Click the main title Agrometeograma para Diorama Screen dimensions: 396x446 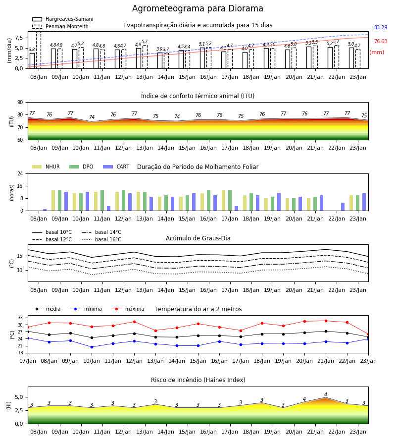[x=198, y=8]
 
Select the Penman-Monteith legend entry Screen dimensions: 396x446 [x=60, y=26]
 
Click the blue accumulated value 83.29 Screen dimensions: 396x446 [x=381, y=27]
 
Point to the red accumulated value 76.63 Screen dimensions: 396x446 [x=381, y=41]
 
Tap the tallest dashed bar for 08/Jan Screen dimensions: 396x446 [x=39, y=50]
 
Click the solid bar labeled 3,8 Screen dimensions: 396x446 [x=32, y=60]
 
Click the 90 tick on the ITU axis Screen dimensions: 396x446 [x=20, y=103]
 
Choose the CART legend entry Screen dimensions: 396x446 [x=116, y=167]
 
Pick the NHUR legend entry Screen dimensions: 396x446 [x=46, y=167]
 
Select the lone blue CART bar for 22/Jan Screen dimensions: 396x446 [x=343, y=207]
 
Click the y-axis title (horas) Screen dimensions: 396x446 [x=12, y=193]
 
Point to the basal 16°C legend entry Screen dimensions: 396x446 [x=101, y=239]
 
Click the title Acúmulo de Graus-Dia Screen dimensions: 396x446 [x=198, y=238]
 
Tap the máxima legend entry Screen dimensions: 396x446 [x=128, y=309]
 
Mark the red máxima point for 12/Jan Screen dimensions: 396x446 [x=134, y=322]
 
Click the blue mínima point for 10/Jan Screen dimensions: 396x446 [x=92, y=347]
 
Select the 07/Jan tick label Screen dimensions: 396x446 [x=28, y=361]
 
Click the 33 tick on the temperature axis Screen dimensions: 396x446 [x=20, y=318]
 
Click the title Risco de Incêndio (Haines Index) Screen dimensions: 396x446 [x=198, y=380]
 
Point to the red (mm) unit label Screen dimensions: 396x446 [x=377, y=53]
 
